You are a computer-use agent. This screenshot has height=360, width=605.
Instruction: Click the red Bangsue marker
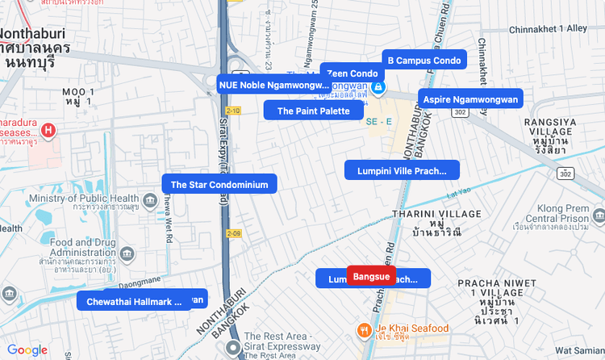[x=371, y=277]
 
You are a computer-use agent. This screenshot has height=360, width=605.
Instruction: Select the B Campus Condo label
[x=423, y=61]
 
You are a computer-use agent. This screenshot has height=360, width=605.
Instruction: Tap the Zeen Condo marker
[x=352, y=73]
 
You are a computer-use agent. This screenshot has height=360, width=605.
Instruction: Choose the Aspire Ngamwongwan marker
[x=470, y=98]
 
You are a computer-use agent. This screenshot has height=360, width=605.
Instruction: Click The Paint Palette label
[x=313, y=111]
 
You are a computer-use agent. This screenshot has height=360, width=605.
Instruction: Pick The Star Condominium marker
[x=219, y=184]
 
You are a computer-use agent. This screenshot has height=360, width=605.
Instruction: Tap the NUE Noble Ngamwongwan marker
[x=273, y=84]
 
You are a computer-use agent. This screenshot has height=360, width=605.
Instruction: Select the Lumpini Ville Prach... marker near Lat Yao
[x=401, y=170]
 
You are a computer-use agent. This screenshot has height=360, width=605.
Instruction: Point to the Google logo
[x=27, y=350]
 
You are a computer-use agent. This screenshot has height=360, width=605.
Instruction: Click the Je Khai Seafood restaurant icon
[x=365, y=329]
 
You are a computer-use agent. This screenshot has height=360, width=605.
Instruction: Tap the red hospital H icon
[x=48, y=129]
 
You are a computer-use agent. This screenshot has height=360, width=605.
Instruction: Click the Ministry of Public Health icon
[x=149, y=199]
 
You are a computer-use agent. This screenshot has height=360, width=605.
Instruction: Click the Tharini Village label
[x=436, y=214]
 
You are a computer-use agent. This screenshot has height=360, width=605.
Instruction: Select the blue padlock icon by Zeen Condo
[x=377, y=86]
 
